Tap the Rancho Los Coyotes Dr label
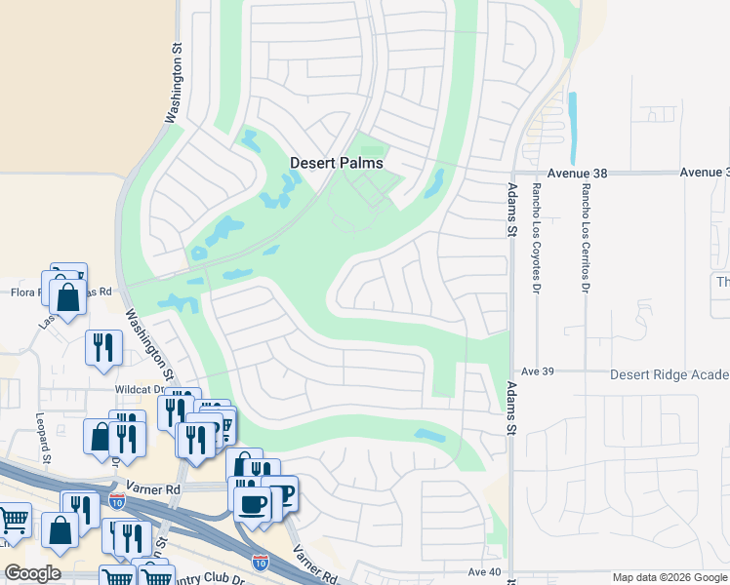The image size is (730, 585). click(536, 238)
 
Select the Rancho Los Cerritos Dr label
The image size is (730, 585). click(586, 238)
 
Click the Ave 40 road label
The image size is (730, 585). click(484, 572)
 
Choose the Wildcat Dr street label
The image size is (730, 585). click(137, 388)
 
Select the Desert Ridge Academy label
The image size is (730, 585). click(669, 375)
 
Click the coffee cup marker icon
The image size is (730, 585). click(253, 504)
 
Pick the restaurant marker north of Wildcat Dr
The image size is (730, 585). click(102, 347)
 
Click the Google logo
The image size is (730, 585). click(32, 572)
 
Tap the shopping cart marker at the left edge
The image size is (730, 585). click(13, 521)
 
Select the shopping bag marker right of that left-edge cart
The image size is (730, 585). click(60, 531)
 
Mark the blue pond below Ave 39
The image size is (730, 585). click(429, 435)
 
